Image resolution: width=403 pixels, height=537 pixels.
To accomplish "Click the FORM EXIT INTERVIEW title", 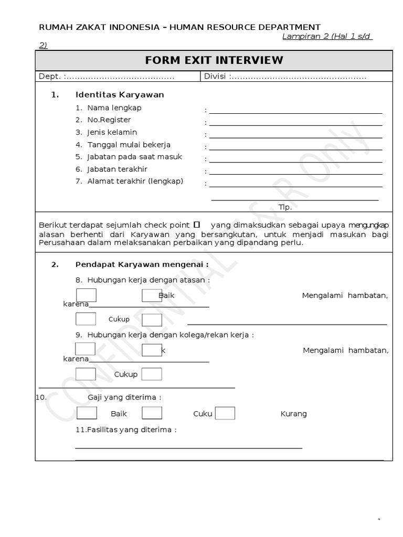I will click(214, 60).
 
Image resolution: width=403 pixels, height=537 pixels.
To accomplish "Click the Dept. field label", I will click(50, 77).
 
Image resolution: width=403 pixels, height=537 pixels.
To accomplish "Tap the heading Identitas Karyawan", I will click(120, 95).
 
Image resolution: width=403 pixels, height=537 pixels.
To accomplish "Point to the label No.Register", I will click(109, 120).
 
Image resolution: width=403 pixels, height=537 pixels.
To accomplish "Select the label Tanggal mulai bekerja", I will click(129, 145).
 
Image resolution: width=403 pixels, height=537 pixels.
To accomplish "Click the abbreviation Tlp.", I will click(285, 207).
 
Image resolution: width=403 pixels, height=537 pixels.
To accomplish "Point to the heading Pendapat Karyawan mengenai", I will click(142, 264).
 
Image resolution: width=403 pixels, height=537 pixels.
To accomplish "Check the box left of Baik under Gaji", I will click(87, 413).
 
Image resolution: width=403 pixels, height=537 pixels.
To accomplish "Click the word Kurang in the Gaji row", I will click(293, 414).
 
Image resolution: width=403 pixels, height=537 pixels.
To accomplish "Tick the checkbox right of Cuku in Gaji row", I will click(225, 413).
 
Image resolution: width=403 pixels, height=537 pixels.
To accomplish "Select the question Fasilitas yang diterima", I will click(126, 429).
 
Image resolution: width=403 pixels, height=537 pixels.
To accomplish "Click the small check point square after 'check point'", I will click(197, 224).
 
